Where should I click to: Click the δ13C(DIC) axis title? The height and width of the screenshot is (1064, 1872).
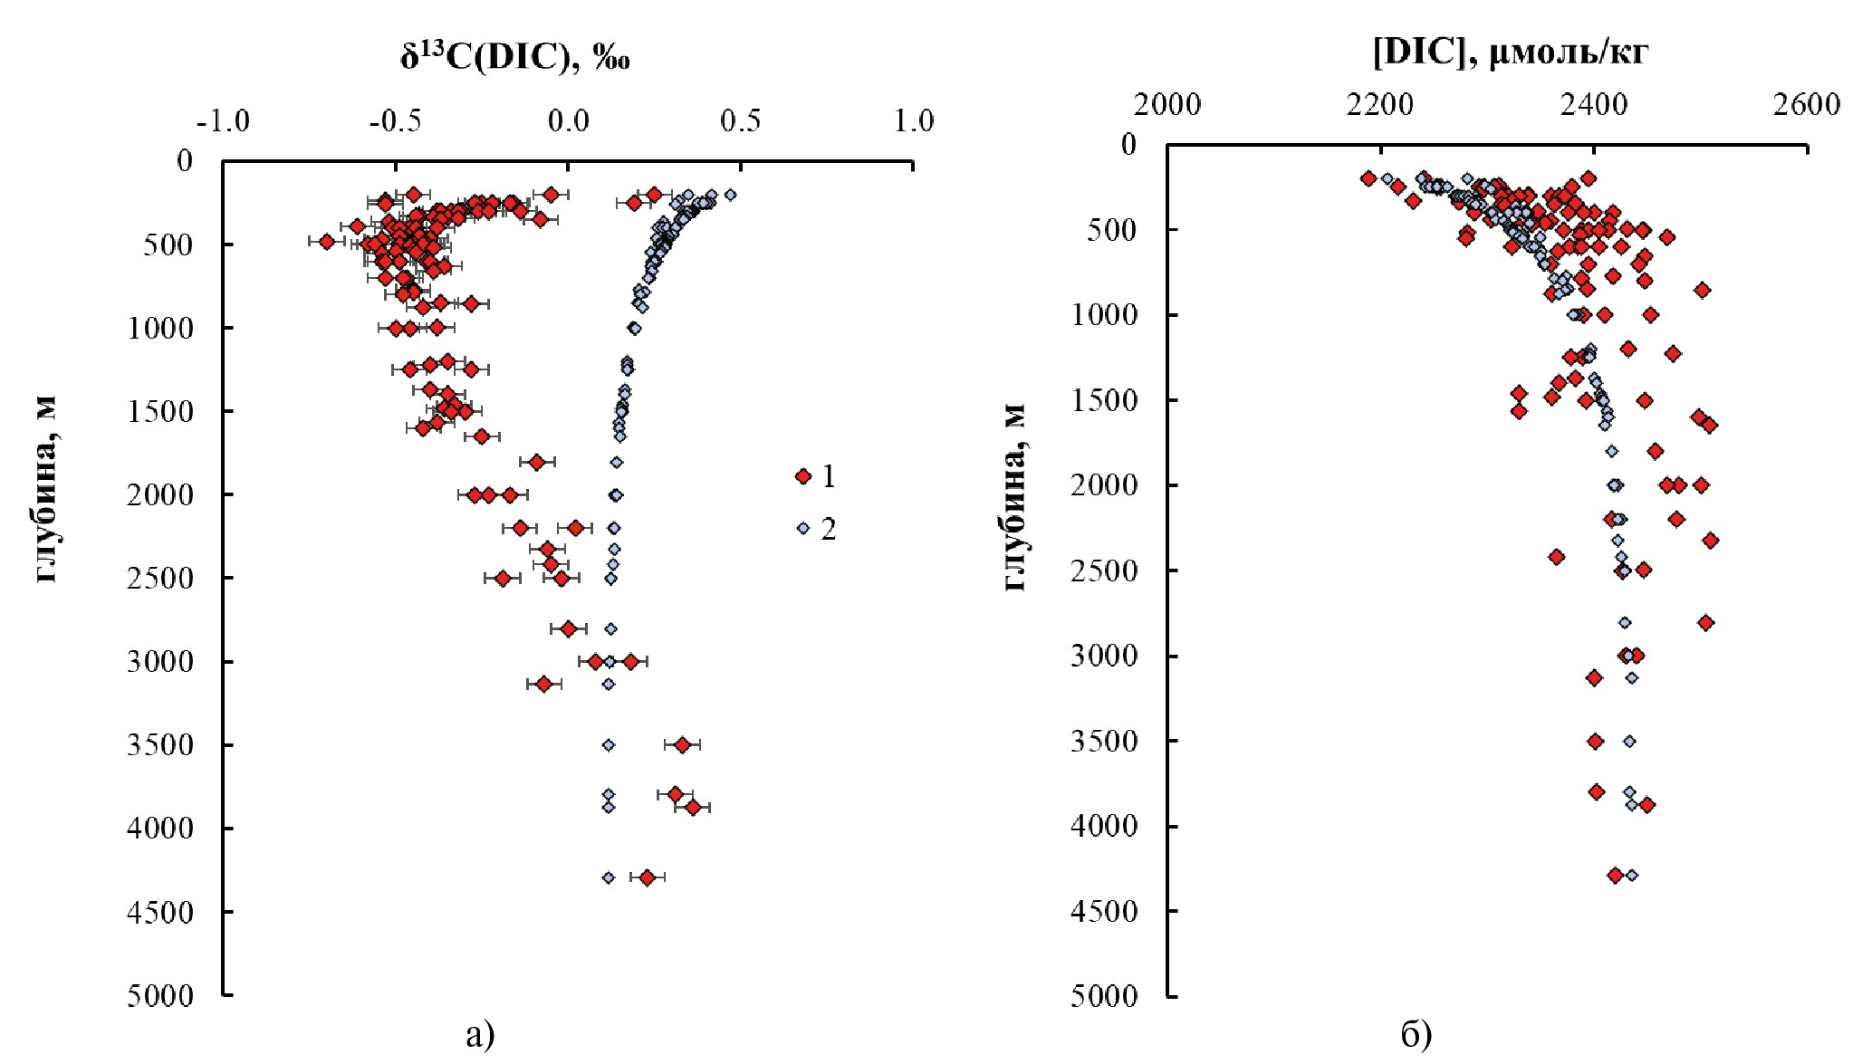click(514, 57)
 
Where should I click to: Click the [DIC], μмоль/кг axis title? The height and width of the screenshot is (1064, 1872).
click(1510, 53)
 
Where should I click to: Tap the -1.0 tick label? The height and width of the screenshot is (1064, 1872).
click(223, 120)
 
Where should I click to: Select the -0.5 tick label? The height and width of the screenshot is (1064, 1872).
click(395, 120)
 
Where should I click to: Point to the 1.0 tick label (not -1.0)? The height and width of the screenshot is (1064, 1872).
click(914, 120)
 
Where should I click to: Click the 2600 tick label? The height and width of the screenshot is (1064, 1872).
click(1806, 105)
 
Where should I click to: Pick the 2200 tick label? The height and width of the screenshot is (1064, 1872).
click(1379, 105)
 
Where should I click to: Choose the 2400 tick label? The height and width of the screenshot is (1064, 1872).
click(1593, 105)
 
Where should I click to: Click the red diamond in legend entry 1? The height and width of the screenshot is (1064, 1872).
click(802, 476)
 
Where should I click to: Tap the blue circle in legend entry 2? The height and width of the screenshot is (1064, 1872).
click(802, 528)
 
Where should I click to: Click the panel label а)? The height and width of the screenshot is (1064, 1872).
click(480, 1034)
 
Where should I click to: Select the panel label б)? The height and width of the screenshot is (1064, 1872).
click(1416, 1034)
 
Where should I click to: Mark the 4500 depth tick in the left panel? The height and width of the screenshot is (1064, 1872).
click(160, 912)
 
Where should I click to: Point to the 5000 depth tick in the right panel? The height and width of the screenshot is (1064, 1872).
click(1103, 996)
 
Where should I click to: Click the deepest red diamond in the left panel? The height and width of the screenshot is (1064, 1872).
click(647, 877)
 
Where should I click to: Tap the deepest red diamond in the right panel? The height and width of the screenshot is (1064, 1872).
click(1615, 875)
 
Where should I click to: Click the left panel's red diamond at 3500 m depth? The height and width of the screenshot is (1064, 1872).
click(682, 744)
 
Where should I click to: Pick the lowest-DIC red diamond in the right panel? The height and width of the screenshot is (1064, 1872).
click(1368, 178)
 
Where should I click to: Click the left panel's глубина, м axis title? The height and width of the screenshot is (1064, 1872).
click(47, 489)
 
